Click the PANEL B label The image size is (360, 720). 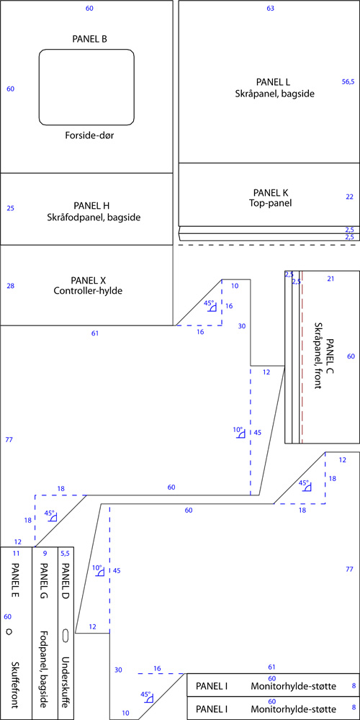tap(90, 39)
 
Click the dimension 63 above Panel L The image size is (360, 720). tap(271, 8)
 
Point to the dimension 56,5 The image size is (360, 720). tap(348, 82)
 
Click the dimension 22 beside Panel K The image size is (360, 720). tap(349, 197)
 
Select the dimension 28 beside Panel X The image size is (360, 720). tap(11, 286)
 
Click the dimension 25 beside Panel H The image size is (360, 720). tap(11, 208)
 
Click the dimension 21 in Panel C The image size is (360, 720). tap(330, 278)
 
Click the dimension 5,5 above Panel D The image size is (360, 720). tap(64, 554)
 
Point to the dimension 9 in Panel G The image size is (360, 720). tap(45, 553)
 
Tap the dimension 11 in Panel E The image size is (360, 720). tap(16, 553)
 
